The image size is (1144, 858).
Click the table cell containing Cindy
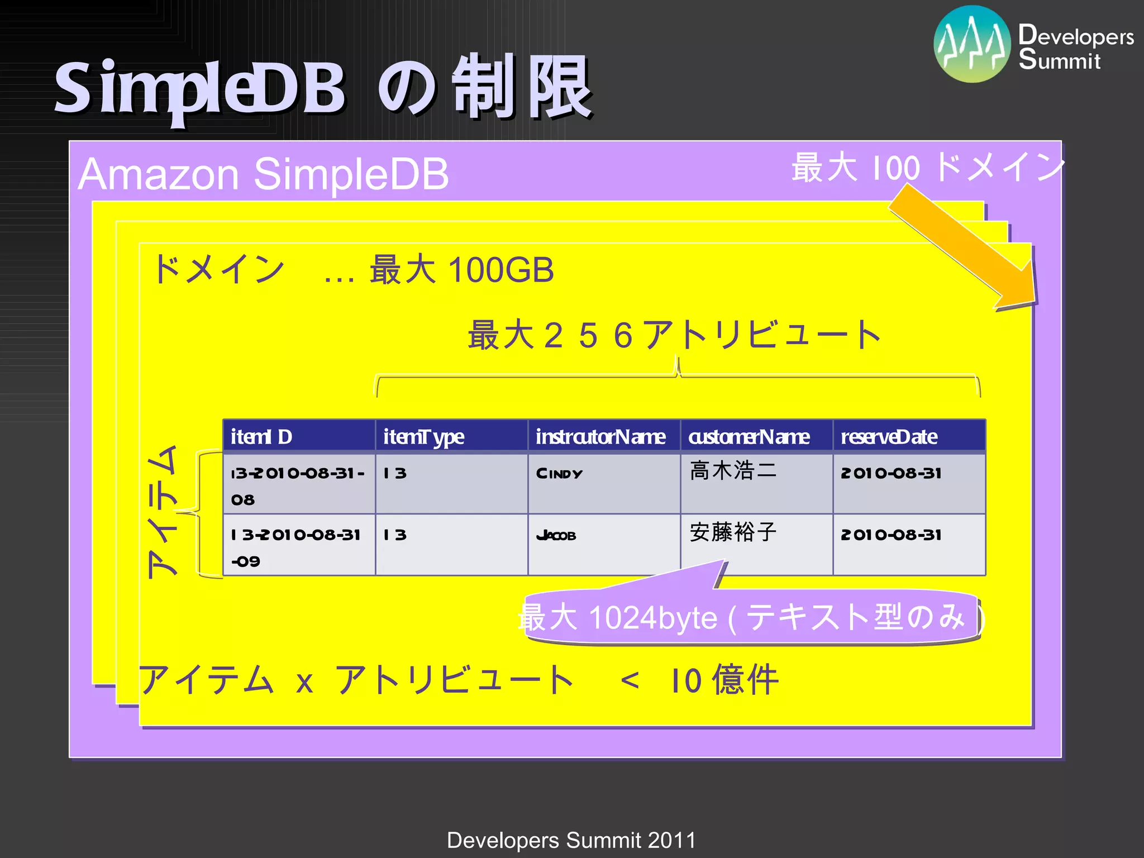604,483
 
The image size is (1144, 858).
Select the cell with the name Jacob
604,545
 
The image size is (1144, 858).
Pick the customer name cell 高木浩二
756,483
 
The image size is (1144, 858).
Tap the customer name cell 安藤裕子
756,545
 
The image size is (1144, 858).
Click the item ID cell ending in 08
299,484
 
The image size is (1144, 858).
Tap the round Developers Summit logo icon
972,44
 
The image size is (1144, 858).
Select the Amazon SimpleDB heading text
263,174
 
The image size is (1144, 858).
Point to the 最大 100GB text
461,270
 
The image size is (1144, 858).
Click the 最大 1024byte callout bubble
751,618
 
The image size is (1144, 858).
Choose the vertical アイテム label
163,512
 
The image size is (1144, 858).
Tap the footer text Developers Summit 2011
571,840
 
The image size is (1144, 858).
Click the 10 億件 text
724,680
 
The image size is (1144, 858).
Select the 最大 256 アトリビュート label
674,335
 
